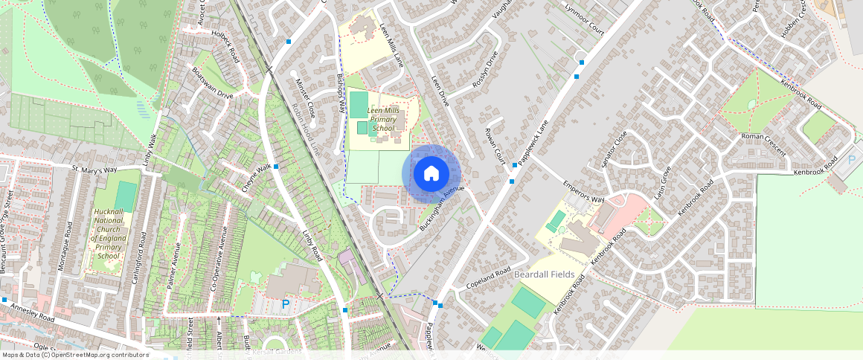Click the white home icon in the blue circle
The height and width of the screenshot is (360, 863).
(431, 174)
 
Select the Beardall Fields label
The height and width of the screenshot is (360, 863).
(544, 274)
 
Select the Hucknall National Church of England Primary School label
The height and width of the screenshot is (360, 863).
(108, 234)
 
